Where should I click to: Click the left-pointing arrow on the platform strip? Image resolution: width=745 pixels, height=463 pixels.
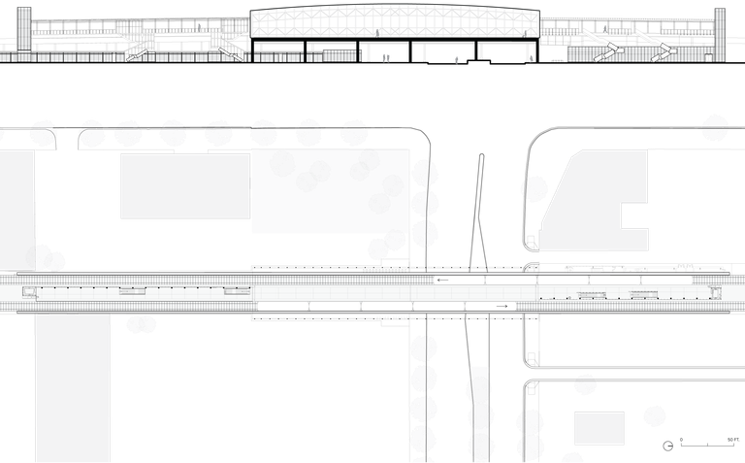click(443, 280)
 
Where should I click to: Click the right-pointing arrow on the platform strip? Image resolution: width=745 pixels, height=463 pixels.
click(501, 306)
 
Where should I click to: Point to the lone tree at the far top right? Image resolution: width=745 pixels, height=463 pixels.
click(715, 128)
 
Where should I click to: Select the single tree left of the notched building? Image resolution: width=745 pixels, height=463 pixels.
click(534, 188)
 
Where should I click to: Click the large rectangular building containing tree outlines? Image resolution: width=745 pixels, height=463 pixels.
click(330, 191)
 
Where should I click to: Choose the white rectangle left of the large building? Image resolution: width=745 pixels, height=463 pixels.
click(184, 186)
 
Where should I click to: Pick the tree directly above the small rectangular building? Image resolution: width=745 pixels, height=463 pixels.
click(585, 384)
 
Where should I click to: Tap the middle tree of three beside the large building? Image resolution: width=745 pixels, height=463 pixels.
click(425, 204)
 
